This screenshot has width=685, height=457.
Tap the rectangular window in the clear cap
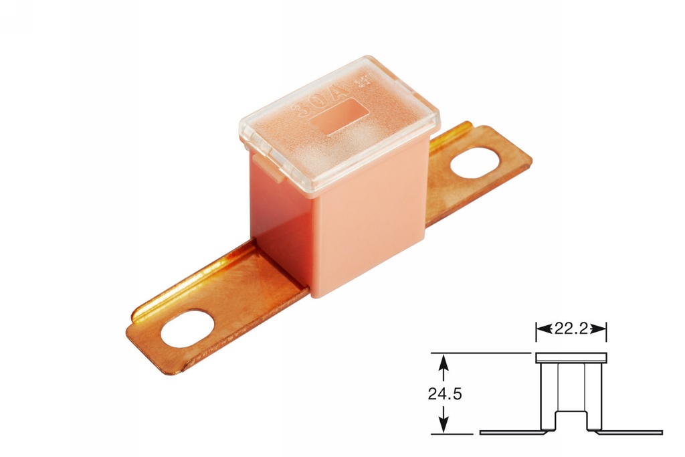340,116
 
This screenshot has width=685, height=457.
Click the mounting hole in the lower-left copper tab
187,329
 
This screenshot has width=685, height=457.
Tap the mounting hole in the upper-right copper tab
476,164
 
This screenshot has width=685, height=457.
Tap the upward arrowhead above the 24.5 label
442,362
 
